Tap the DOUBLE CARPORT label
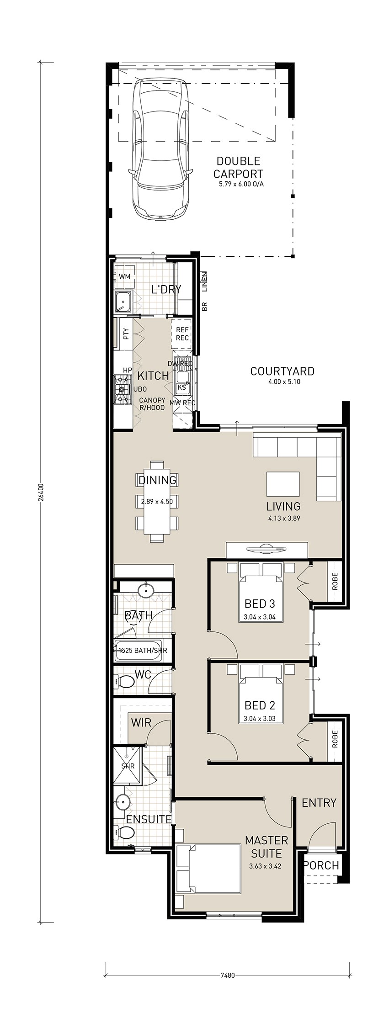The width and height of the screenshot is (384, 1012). [238, 167]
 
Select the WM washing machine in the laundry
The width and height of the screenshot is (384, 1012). [124, 277]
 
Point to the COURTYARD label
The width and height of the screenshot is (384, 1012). [282, 371]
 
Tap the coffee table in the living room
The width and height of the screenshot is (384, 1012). [283, 484]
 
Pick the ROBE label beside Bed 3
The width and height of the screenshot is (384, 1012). [335, 582]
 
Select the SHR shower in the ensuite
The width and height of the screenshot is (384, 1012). [128, 766]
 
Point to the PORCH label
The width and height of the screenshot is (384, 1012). [321, 865]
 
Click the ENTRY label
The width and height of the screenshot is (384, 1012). [319, 803]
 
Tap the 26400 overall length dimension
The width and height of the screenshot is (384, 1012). [40, 493]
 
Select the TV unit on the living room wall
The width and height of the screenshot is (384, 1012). [267, 550]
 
